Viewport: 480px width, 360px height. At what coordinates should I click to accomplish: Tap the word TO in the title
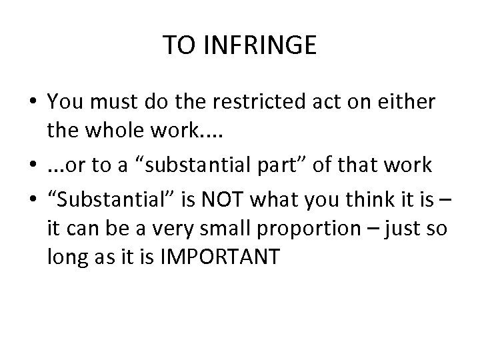point(178,46)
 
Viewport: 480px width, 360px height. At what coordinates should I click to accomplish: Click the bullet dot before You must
point(31,101)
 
